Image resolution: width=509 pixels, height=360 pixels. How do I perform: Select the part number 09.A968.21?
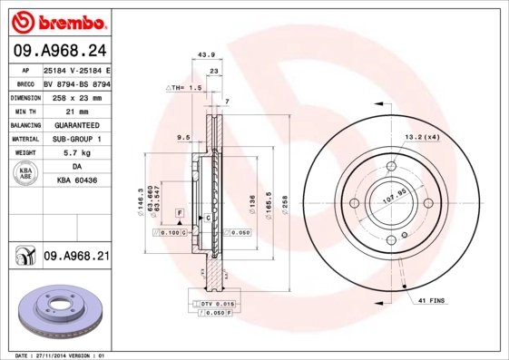[x=76, y=258]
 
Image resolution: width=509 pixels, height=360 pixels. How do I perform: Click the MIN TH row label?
[x=24, y=110]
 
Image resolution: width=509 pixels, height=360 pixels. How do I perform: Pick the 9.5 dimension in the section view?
[x=183, y=137]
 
